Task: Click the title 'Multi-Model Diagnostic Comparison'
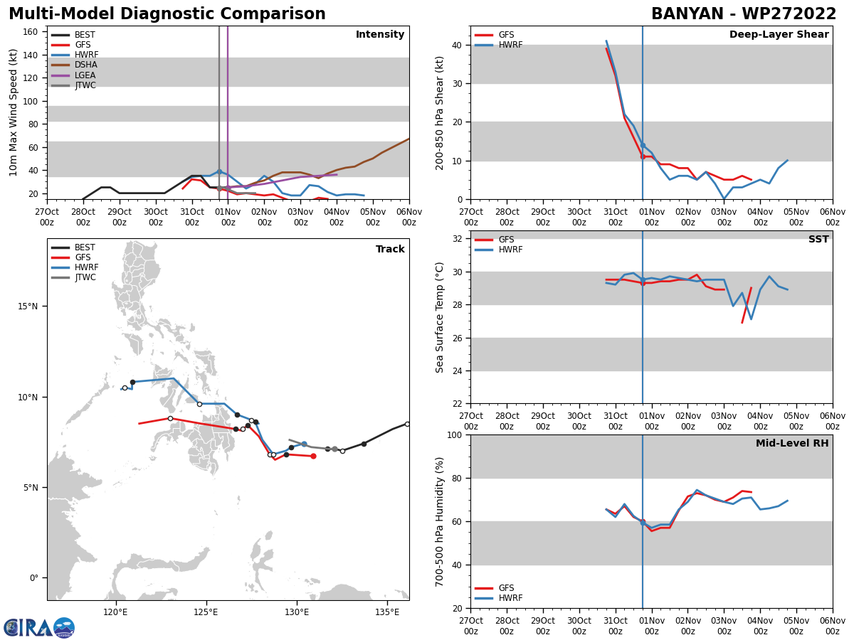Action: [167, 14]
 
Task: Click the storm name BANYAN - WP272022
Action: [744, 14]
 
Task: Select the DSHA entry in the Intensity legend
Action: [85, 65]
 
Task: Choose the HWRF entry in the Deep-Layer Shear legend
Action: [510, 45]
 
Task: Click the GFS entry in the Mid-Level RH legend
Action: [506, 588]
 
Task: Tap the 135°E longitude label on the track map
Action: [387, 612]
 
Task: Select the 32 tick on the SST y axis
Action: [458, 239]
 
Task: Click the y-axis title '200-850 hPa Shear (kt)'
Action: [441, 112]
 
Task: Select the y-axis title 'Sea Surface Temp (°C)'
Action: [441, 317]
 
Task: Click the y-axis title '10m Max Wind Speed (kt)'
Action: [14, 112]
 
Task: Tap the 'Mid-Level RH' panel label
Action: [791, 444]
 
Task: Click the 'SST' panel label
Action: [818, 240]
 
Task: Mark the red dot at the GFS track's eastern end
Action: [313, 456]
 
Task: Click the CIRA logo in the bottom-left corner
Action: [38, 627]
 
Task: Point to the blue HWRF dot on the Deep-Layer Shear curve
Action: [643, 145]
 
